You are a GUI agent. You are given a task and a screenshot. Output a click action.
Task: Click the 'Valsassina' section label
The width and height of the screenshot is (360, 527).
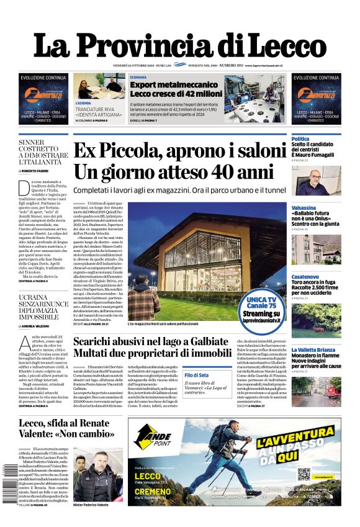pos(304,207)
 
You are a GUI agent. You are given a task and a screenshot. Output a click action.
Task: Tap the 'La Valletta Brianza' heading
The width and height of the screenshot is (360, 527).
pos(313,349)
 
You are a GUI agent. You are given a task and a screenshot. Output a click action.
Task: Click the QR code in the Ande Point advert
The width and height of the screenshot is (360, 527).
pos(304,474)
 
